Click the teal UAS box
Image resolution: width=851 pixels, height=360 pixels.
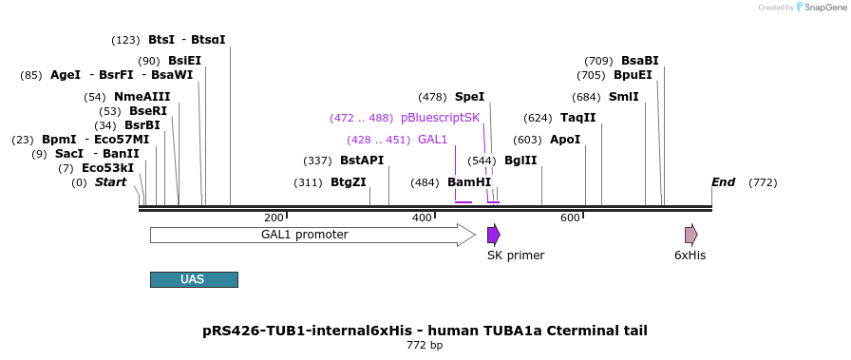click(x=194, y=279)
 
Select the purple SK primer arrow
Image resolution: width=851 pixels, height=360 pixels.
click(x=493, y=235)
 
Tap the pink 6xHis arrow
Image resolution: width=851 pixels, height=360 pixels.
click(x=690, y=235)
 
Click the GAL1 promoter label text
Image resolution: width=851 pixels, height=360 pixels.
click(x=305, y=235)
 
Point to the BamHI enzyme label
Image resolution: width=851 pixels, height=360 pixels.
click(x=469, y=182)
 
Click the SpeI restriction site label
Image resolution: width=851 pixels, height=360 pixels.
click(x=469, y=97)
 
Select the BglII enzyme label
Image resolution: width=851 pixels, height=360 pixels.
click(x=520, y=161)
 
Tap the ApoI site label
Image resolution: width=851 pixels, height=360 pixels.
click(x=565, y=140)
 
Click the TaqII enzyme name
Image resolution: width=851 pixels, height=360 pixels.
click(x=578, y=118)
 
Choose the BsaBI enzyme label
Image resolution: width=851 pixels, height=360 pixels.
click(x=640, y=61)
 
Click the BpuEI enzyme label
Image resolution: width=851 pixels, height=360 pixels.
click(x=633, y=75)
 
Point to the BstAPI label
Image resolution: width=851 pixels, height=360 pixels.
click(x=362, y=161)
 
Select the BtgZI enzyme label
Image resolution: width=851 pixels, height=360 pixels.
click(x=348, y=182)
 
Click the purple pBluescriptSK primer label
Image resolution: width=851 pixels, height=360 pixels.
click(x=440, y=118)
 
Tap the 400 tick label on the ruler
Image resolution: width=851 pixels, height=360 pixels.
click(x=422, y=218)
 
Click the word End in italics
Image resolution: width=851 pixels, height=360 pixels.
click(x=724, y=182)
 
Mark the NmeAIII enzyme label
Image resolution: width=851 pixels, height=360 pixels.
click(x=142, y=97)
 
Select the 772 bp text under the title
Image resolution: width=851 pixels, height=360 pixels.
click(x=425, y=346)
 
